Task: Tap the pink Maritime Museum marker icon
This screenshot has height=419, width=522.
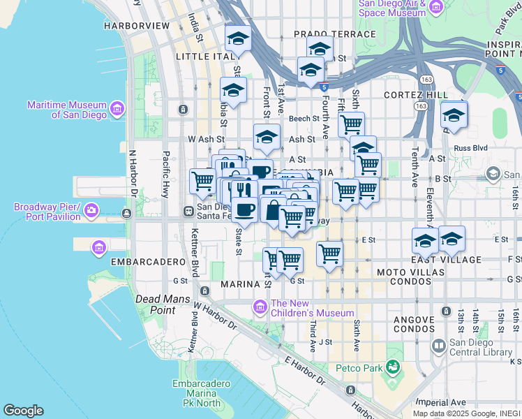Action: click(x=116, y=108)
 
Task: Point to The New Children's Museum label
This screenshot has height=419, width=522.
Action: click(x=312, y=308)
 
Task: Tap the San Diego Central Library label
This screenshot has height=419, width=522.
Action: click(x=481, y=347)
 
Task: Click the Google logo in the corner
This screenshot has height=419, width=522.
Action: click(x=23, y=411)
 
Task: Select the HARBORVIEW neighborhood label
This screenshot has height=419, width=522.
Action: click(x=137, y=25)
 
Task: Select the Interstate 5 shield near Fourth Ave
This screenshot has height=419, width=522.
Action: click(x=325, y=87)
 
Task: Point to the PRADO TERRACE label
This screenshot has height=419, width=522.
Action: click(x=325, y=34)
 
